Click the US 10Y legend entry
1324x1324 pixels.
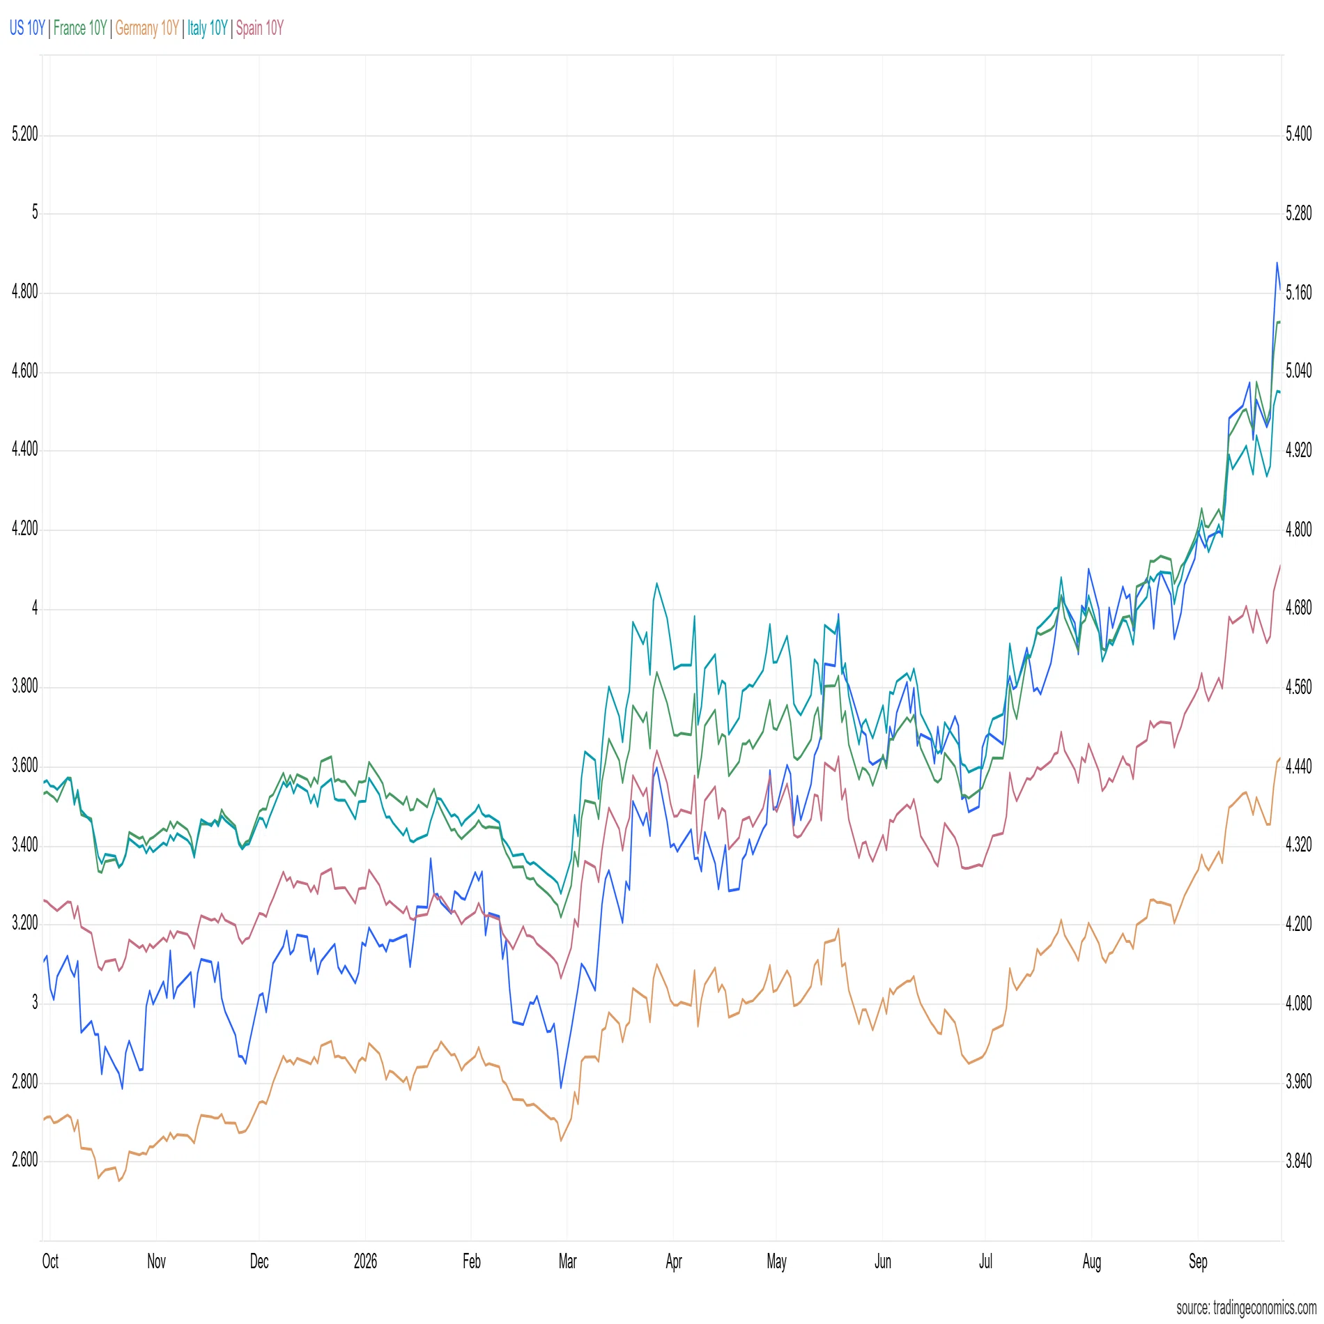click(x=27, y=28)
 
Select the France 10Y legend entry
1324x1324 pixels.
click(x=80, y=28)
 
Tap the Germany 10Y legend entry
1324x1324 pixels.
click(x=147, y=28)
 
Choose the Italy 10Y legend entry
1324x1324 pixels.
click(x=208, y=28)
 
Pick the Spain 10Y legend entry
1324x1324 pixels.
click(x=260, y=28)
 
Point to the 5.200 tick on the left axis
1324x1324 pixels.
click(x=24, y=134)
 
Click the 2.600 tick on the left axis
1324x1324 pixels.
click(x=24, y=1160)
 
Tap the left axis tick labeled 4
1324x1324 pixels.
click(x=35, y=608)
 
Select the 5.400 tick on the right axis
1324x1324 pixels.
click(x=1299, y=134)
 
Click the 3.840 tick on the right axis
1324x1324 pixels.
click(x=1299, y=1160)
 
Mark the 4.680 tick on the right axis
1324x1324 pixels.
click(x=1299, y=608)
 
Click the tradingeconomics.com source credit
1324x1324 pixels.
click(x=1247, y=1308)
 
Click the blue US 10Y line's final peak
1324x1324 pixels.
click(x=1277, y=263)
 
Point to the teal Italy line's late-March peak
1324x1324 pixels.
click(x=656, y=583)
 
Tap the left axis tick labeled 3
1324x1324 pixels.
click(x=35, y=1003)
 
